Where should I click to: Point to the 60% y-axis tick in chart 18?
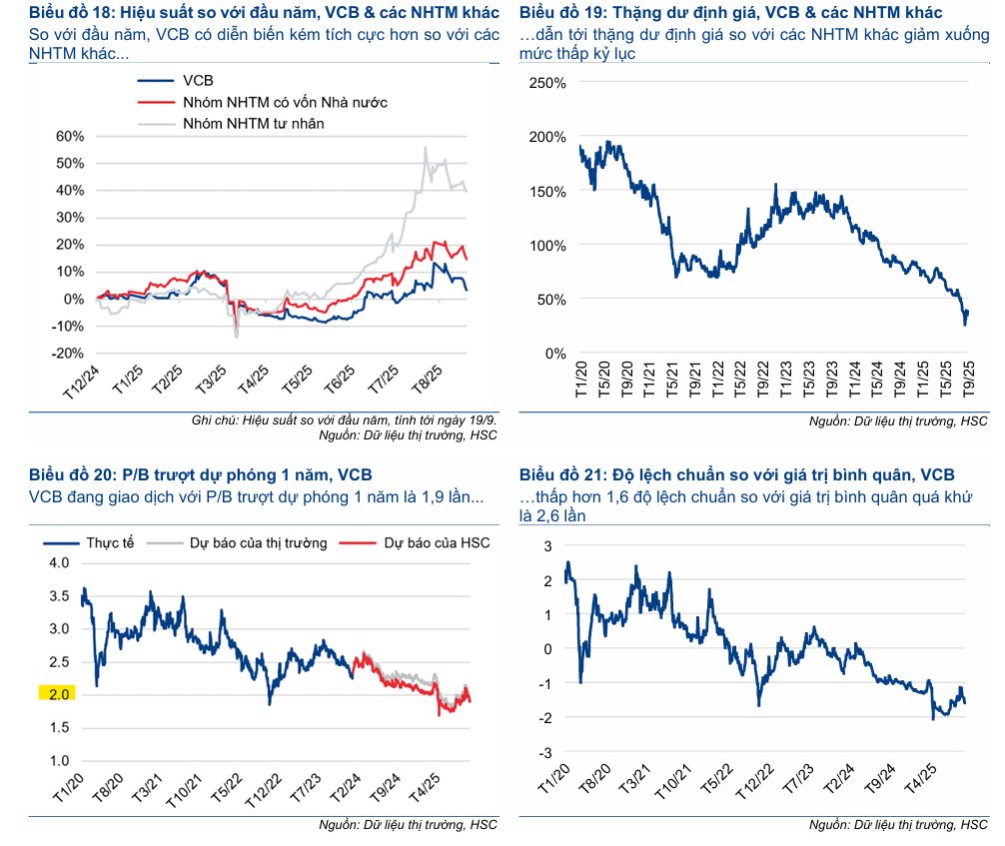coord(71,136)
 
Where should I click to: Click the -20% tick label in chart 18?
coord(68,354)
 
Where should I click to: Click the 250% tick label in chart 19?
coord(546,83)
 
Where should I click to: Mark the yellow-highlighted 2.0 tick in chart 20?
coord(57,694)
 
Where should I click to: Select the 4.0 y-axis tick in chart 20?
coord(59,562)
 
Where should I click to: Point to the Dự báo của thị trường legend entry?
coord(250,542)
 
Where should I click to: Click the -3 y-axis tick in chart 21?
coord(546,751)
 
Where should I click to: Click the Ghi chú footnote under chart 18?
coord(344,421)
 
